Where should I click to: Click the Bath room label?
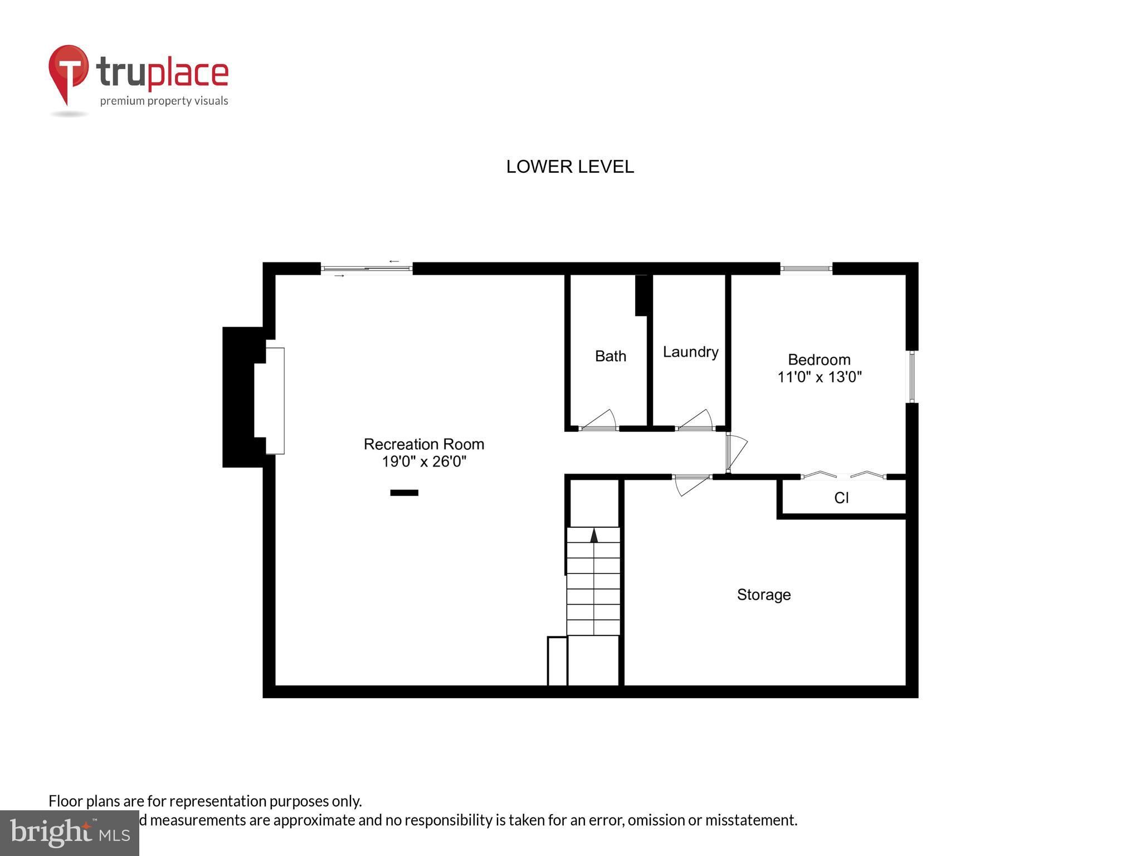pyautogui.click(x=610, y=356)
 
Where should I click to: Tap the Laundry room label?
pyautogui.click(x=690, y=352)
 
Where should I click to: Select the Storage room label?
pyautogui.click(x=763, y=595)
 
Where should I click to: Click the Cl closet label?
pyautogui.click(x=841, y=498)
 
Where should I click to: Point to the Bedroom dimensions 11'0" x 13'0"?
pyautogui.click(x=819, y=377)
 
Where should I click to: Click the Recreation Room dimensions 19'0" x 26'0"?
pyautogui.click(x=423, y=461)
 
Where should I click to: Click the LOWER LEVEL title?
pyautogui.click(x=569, y=167)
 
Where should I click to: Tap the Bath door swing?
pyautogui.click(x=599, y=421)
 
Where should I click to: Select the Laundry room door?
pyautogui.click(x=695, y=421)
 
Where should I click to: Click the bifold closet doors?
pyautogui.click(x=843, y=475)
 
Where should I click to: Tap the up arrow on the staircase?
pyautogui.click(x=594, y=536)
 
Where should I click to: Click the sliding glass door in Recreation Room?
pyautogui.click(x=367, y=269)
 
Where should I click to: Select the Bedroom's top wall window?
pyautogui.click(x=806, y=269)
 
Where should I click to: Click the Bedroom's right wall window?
pyautogui.click(x=911, y=376)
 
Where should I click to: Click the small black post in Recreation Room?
pyautogui.click(x=404, y=493)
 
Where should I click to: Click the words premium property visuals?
pyautogui.click(x=164, y=101)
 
